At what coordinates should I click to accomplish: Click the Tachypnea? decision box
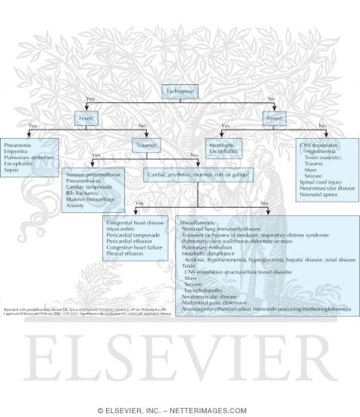tap(179, 91)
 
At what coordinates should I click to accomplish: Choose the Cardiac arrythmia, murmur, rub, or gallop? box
tap(197, 174)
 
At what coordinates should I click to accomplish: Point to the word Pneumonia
tap(18, 144)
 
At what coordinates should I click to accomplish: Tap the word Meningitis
tap(221, 144)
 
